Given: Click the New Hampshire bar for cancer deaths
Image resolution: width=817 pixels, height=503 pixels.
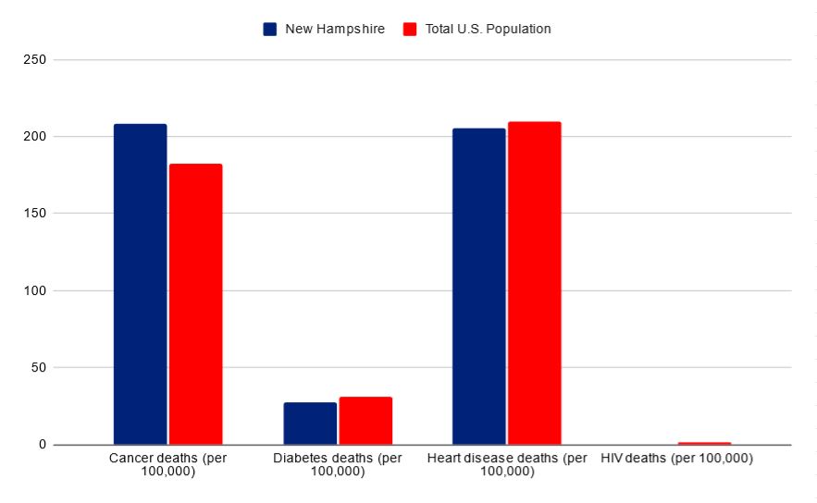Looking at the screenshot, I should tap(141, 284).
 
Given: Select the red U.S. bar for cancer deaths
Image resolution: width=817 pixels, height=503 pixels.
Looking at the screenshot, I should tap(195, 304).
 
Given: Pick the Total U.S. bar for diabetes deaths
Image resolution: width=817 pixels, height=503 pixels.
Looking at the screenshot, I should tap(365, 421).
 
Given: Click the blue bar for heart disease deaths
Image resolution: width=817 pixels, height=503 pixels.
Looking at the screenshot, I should tap(479, 287).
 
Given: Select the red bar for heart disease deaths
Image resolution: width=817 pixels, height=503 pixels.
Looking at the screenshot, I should tap(534, 283).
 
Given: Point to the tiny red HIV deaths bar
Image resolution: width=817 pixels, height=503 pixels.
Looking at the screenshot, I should tap(704, 443).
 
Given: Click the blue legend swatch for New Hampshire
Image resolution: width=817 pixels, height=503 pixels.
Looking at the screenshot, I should tap(270, 29).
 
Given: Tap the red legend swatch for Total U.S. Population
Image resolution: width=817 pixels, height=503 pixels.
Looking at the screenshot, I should tap(410, 29).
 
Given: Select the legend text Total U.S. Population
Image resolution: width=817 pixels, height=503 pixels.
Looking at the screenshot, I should tap(488, 29).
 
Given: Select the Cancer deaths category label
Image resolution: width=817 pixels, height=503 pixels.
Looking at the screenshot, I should tap(167, 464).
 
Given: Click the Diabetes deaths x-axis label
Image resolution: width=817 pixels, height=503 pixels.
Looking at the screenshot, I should tap(338, 464).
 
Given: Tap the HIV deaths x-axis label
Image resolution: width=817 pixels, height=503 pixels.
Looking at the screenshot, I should tap(676, 459).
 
